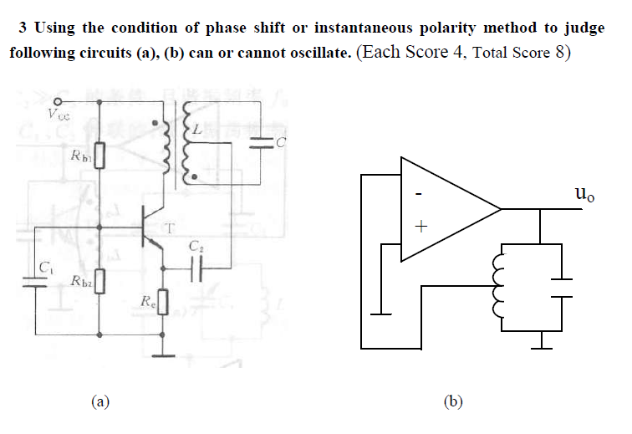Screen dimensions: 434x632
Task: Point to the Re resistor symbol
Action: point(163,300)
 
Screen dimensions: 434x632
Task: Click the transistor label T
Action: point(171,227)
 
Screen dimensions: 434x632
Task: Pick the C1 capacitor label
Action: point(47,267)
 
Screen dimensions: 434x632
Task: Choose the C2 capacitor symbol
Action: point(196,268)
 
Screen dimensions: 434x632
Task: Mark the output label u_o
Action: point(585,197)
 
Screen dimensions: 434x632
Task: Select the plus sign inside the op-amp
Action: point(421,227)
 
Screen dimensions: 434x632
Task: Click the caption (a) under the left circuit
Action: point(100,402)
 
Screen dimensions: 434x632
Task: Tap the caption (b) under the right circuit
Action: point(453,402)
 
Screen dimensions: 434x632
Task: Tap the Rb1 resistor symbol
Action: point(100,156)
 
